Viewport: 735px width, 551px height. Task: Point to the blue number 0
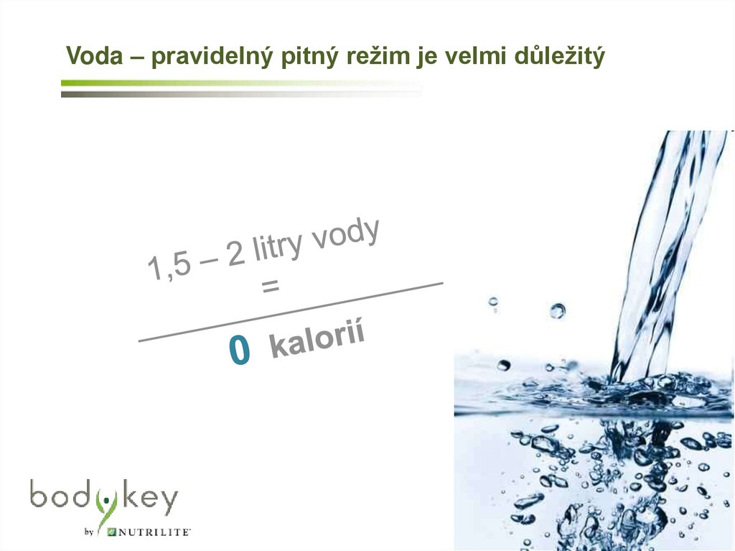click(240, 351)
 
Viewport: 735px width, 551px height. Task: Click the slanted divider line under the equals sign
click(291, 312)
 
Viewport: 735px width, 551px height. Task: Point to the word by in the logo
click(90, 533)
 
